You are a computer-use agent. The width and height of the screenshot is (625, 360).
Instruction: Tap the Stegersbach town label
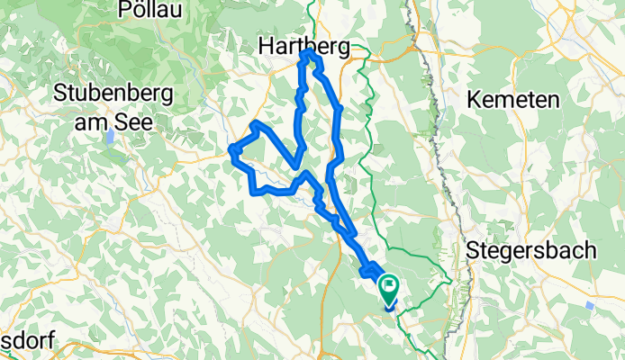click(x=531, y=251)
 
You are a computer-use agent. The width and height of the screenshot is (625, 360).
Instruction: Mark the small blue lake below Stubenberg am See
click(x=108, y=137)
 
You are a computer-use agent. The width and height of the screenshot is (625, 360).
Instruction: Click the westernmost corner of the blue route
click(x=231, y=149)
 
